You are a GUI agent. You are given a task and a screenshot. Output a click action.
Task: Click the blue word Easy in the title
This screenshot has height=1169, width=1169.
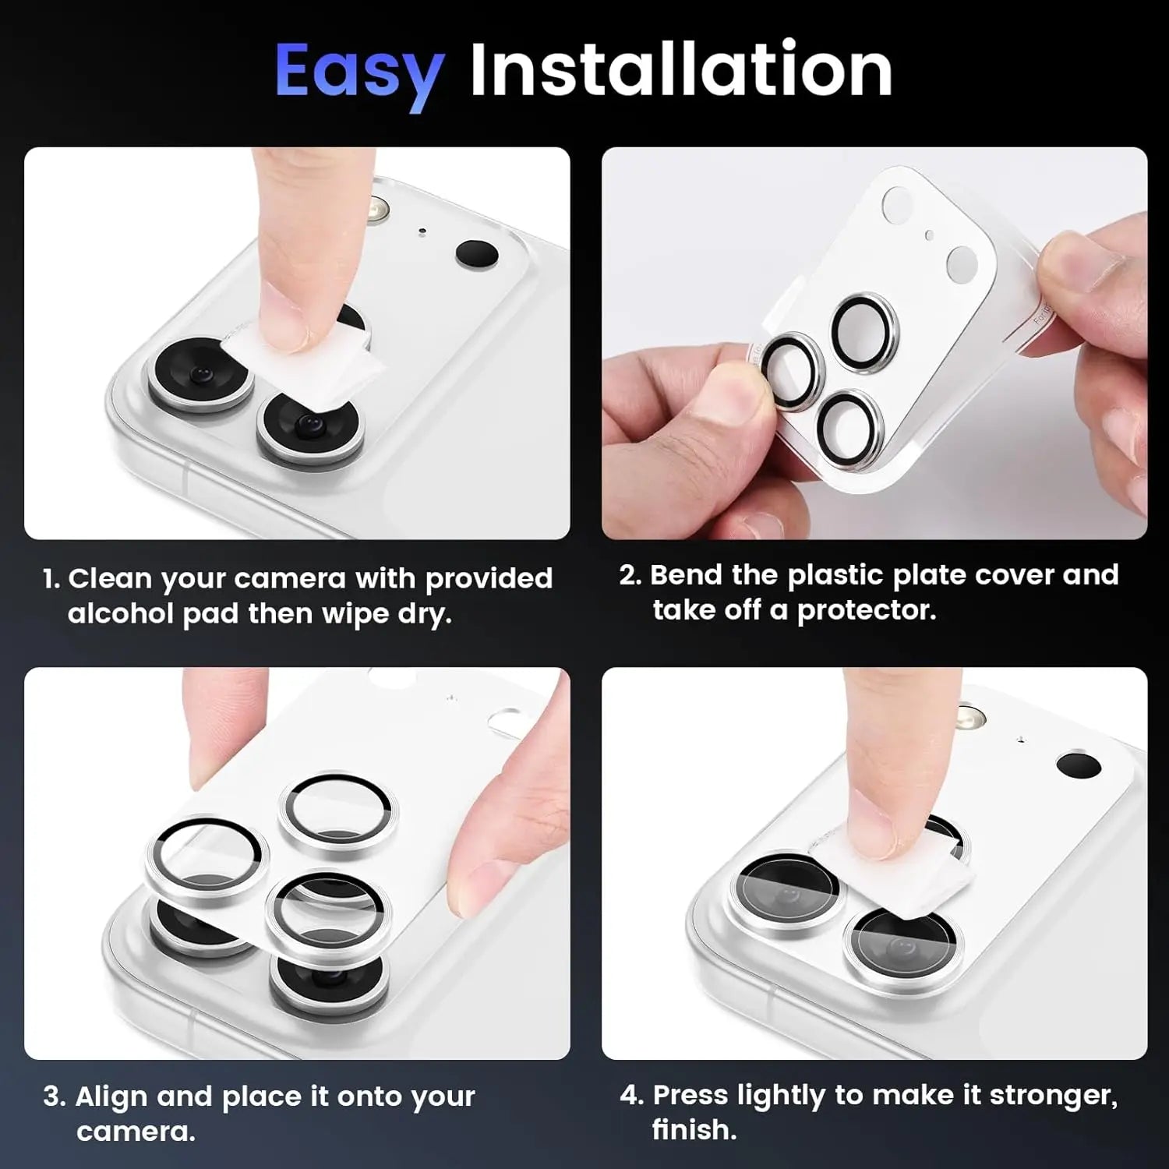coord(359,72)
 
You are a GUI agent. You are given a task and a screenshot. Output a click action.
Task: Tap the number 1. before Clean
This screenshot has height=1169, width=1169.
coord(51,579)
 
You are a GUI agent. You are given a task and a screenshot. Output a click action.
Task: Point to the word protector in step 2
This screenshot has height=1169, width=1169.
coord(866,610)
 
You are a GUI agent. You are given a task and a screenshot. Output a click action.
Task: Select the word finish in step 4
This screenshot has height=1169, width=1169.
coord(693,1130)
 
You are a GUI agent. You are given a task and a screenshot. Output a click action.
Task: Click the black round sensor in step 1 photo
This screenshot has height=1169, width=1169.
coord(476,253)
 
